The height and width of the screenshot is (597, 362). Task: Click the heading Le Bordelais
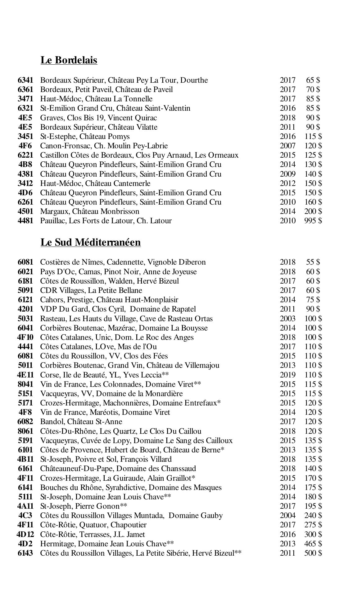click(69, 60)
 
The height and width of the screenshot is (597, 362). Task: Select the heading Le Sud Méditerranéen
click(90, 242)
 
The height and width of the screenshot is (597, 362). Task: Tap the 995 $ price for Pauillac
click(313, 221)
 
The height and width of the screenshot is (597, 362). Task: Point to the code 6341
click(25, 80)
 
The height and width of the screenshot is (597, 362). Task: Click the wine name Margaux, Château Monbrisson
click(90, 211)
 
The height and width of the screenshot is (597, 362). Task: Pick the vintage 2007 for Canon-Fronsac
click(287, 146)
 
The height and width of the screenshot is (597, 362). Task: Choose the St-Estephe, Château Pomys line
click(85, 137)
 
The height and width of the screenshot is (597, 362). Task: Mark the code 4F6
click(25, 146)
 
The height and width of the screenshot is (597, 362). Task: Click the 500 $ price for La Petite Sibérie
click(313, 553)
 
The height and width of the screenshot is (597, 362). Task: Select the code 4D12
click(25, 535)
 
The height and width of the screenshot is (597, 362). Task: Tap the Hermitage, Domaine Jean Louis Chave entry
click(107, 544)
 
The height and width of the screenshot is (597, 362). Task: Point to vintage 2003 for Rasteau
click(287, 319)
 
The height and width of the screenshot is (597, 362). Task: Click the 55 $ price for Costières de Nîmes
click(313, 262)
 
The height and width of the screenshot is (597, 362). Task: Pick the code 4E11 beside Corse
click(25, 375)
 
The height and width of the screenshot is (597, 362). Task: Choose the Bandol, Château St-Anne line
click(81, 422)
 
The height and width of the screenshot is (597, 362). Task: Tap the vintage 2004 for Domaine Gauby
click(287, 516)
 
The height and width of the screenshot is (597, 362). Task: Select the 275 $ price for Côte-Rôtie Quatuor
click(313, 525)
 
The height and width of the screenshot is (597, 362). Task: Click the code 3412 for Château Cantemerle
click(25, 183)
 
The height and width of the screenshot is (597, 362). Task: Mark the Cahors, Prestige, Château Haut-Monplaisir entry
click(109, 300)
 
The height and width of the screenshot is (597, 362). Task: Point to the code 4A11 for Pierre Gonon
click(25, 506)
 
